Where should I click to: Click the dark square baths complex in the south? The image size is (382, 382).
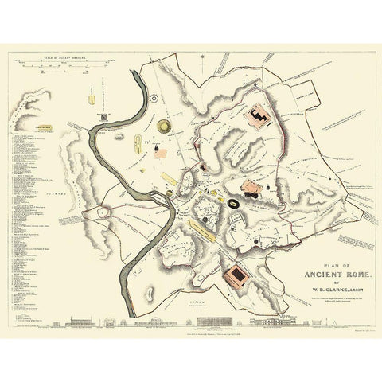click(x=236, y=276)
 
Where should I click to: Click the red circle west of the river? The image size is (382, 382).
click(x=103, y=211)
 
